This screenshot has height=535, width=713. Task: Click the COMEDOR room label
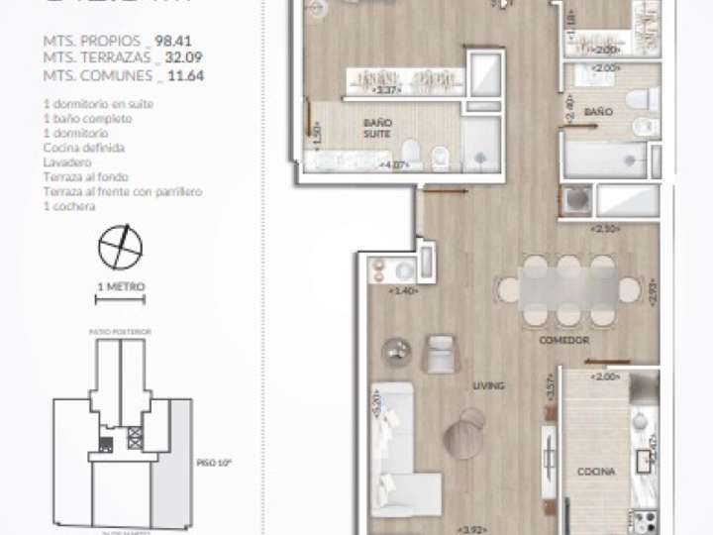click(x=564, y=340)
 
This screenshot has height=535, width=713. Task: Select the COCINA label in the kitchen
click(x=597, y=473)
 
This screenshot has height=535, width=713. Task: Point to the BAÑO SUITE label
click(x=377, y=128)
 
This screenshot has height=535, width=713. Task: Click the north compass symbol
click(x=120, y=247)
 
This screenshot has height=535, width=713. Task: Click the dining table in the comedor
click(x=568, y=289)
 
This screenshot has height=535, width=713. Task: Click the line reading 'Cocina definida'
click(x=83, y=148)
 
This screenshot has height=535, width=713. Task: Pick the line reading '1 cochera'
click(x=69, y=207)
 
